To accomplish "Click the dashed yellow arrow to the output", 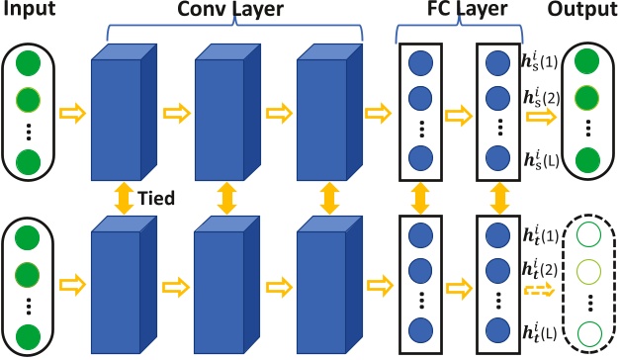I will [x=537, y=290].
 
